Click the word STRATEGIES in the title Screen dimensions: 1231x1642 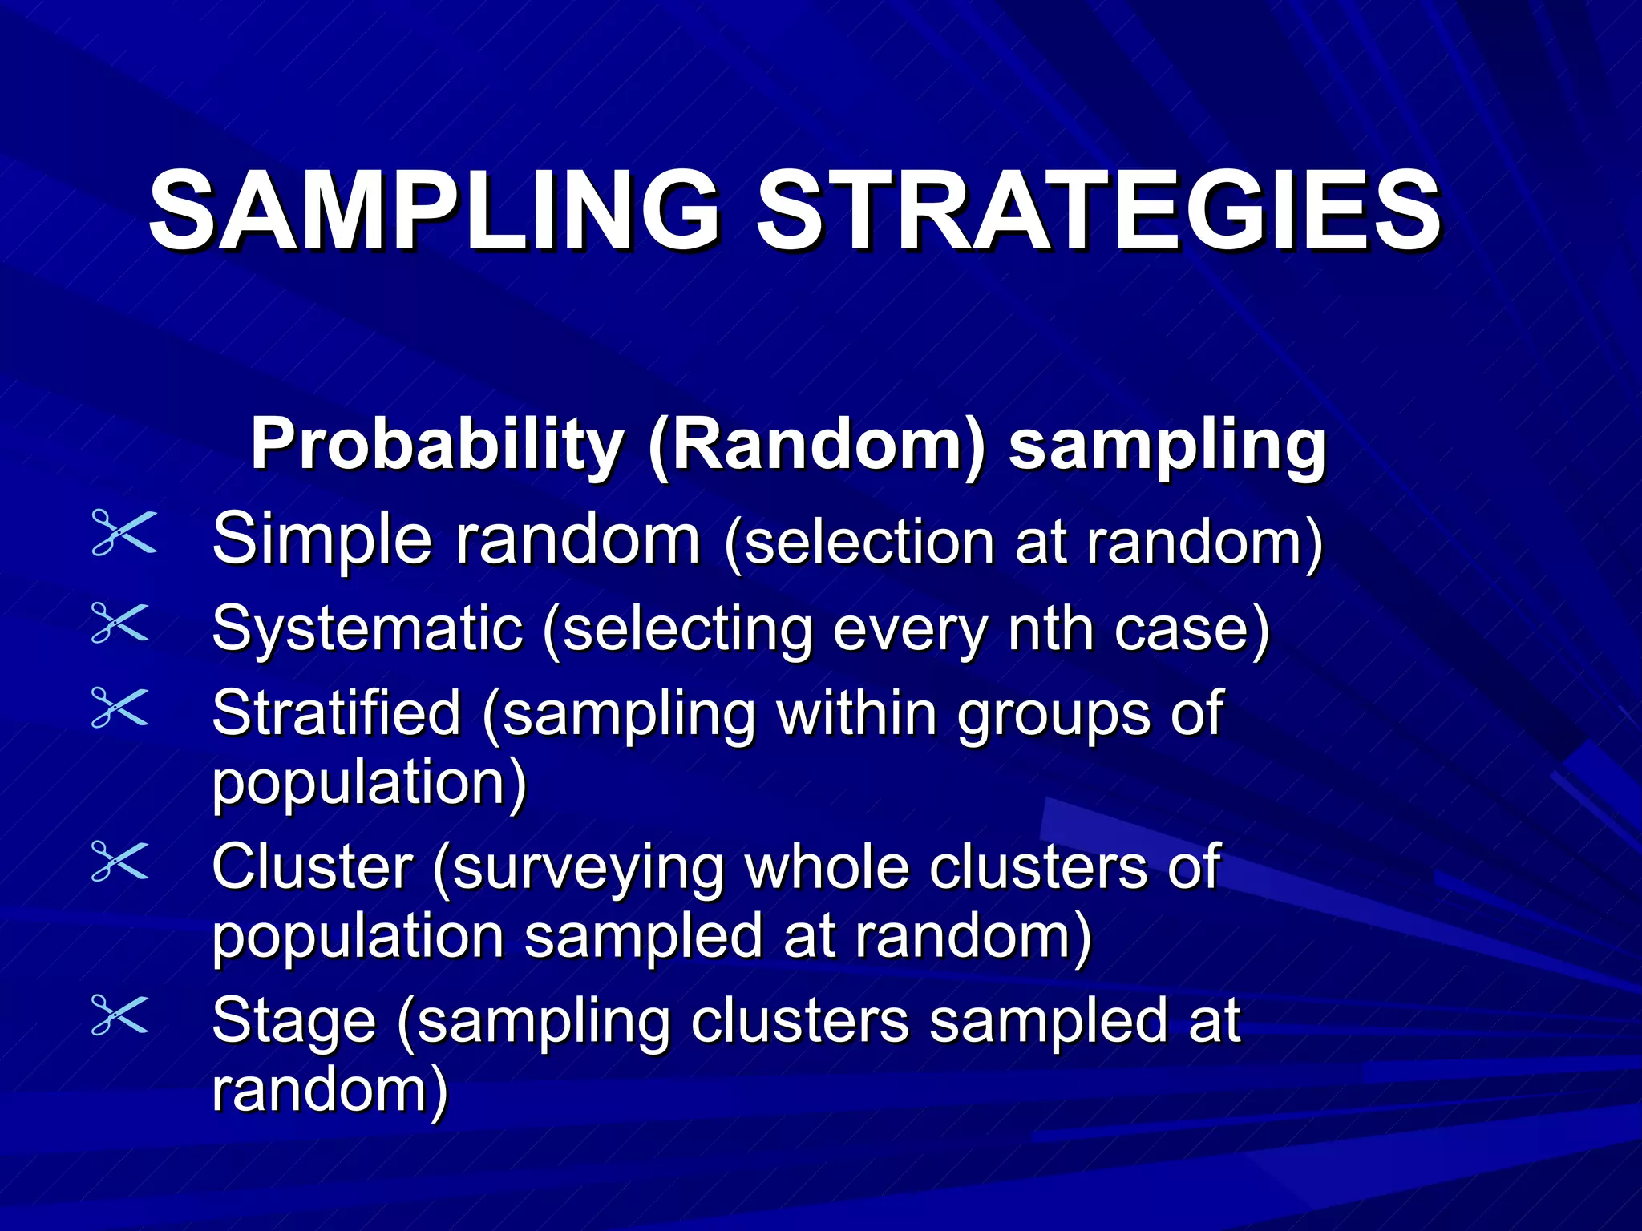tap(1098, 210)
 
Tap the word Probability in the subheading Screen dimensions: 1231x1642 tap(437, 446)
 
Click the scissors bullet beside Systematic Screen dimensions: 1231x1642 tap(120, 623)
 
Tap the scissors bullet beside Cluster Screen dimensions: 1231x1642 tap(120, 861)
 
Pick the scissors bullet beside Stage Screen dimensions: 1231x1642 tap(120, 1015)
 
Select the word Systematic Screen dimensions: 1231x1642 tap(367, 630)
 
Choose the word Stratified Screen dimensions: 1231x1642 tap(337, 712)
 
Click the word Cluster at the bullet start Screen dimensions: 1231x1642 tap(313, 867)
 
